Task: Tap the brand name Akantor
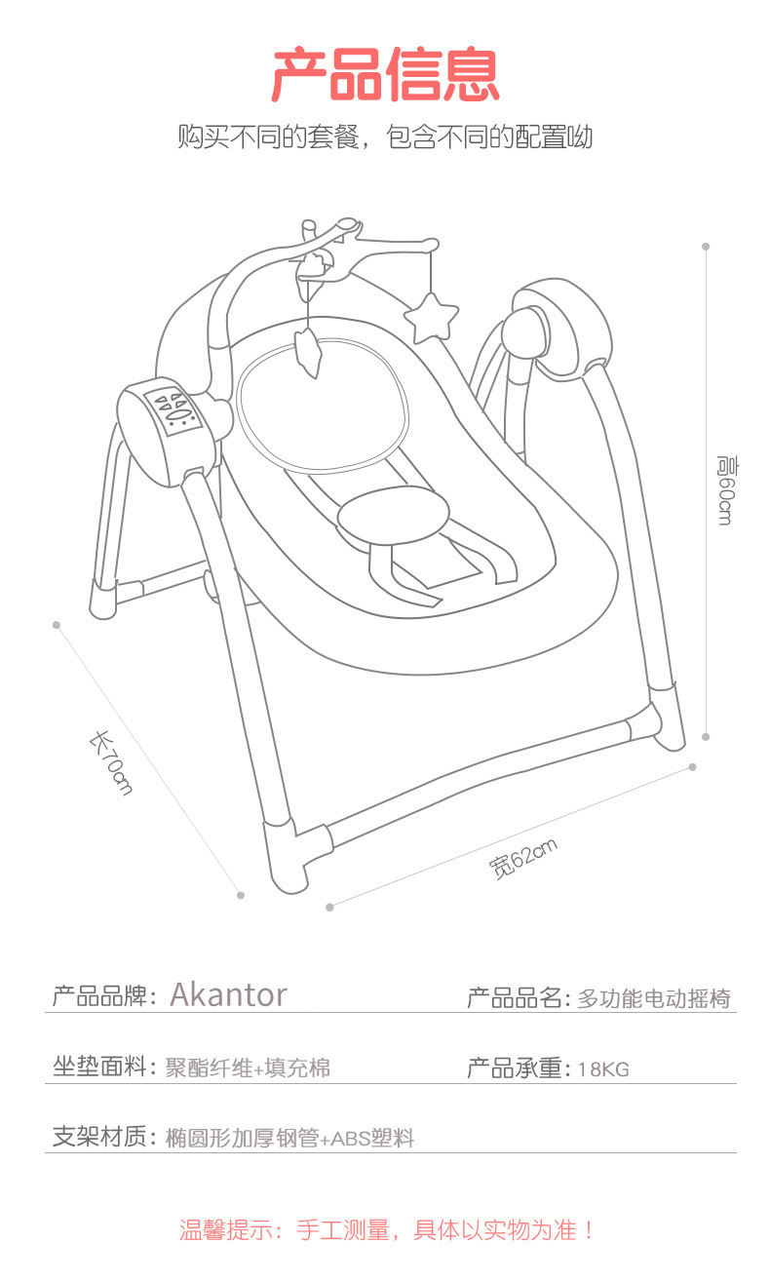click(228, 994)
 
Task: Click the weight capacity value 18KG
click(602, 1069)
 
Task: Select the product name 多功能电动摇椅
click(653, 998)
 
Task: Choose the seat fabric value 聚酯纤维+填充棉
click(248, 1068)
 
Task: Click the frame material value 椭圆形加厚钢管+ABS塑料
click(290, 1138)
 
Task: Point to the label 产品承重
click(518, 1068)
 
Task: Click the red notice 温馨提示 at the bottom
click(386, 1229)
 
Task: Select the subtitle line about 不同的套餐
click(385, 136)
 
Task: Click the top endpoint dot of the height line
click(706, 247)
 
